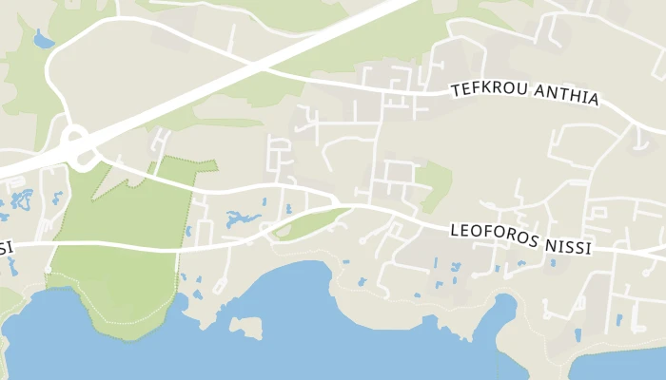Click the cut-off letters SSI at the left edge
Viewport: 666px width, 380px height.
tap(6, 248)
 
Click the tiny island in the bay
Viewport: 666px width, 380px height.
tap(245, 328)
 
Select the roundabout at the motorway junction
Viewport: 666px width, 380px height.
tap(79, 148)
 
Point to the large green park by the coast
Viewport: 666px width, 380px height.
tap(114, 275)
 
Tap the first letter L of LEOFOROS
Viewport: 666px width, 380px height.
tap(455, 229)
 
